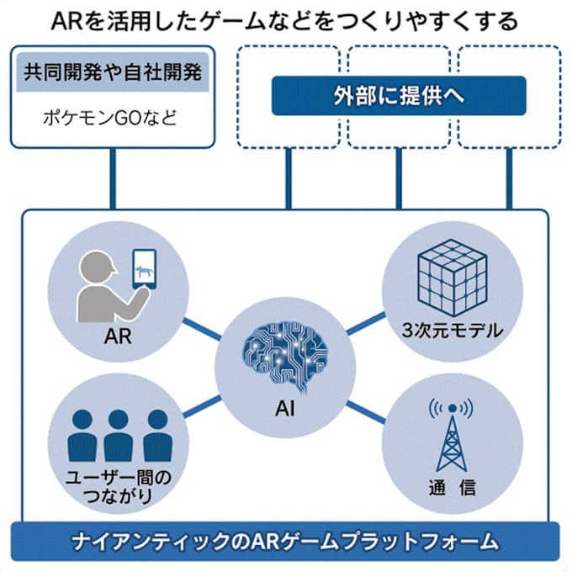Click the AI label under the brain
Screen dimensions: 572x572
(x=283, y=409)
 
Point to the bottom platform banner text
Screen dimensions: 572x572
(x=286, y=538)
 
